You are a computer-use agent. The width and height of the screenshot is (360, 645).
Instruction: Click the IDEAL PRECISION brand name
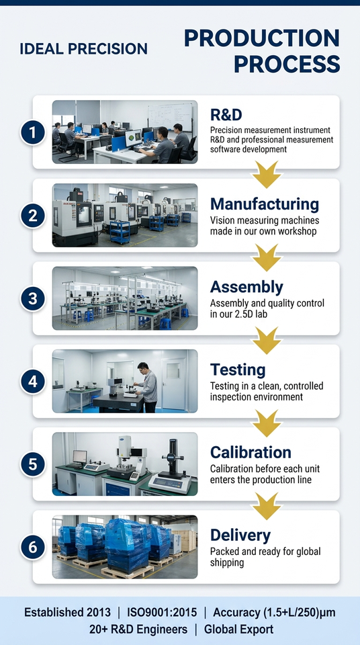tap(83, 49)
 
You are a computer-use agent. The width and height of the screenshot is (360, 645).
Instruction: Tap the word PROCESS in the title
tap(287, 64)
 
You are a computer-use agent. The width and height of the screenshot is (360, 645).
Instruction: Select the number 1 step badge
tap(32, 132)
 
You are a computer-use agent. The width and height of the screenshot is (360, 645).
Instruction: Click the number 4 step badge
tap(32, 382)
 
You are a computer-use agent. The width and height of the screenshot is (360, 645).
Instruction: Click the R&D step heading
tap(226, 115)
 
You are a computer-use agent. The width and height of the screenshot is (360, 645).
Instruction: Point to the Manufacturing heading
tap(265, 204)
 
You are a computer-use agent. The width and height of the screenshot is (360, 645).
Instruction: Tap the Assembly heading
tap(246, 287)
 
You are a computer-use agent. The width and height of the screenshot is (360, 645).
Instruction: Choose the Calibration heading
tap(251, 452)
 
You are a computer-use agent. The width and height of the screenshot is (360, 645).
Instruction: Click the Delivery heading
tap(240, 535)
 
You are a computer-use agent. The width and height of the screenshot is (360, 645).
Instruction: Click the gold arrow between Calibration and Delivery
tap(267, 506)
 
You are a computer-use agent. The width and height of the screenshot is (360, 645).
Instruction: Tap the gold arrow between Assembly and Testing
tap(267, 340)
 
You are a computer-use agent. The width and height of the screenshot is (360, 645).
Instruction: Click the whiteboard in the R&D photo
tap(170, 116)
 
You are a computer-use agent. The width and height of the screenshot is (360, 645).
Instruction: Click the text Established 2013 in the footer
tap(67, 612)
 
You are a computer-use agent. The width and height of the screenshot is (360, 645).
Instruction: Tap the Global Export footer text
tap(238, 630)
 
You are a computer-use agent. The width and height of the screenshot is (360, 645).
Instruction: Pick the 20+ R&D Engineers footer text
tap(138, 630)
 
